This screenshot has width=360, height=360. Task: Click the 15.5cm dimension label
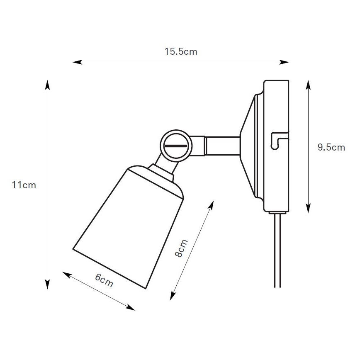click(180, 52)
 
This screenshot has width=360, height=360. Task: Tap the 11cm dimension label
click(24, 185)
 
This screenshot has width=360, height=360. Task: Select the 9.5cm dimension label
click(331, 147)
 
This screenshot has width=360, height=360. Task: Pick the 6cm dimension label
click(104, 281)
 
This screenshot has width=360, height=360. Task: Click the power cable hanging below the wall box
click(277, 253)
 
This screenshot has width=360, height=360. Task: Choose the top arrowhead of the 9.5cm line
click(308, 84)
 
